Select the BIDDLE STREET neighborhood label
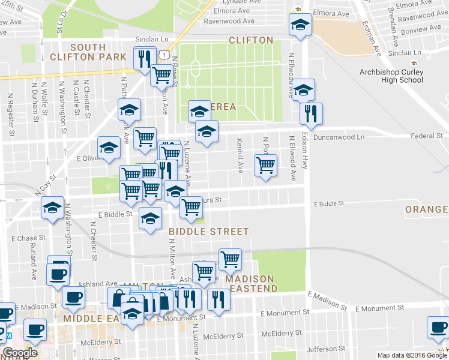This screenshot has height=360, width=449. coord(208,231)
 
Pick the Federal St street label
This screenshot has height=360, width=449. coord(427,136)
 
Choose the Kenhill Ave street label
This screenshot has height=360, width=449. coord(240,155)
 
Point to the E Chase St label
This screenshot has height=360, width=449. coord(28,238)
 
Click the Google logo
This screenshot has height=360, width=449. coord(20,353)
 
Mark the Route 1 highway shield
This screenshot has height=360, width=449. coord(163,55)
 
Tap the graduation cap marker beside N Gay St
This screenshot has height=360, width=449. coord(53,208)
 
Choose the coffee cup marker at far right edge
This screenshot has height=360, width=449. coord(438,327)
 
